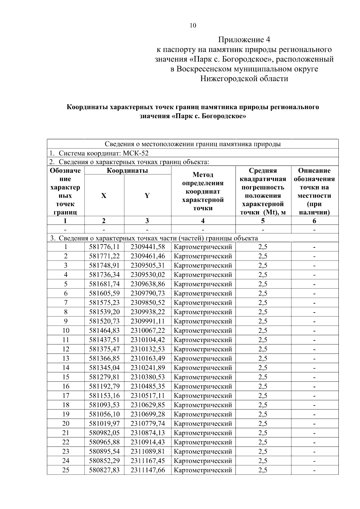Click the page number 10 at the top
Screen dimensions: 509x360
tap(193, 25)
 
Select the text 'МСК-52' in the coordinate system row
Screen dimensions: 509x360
tap(136, 153)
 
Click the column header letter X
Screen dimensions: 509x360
tap(104, 196)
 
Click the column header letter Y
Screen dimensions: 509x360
tap(147, 196)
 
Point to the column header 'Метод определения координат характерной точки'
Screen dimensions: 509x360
tap(203, 191)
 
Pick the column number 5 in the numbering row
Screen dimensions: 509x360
tap(263, 221)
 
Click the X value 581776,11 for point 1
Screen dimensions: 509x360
tap(104, 247)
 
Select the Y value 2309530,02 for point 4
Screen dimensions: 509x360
tap(148, 275)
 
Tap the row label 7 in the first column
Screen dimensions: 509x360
tap(66, 303)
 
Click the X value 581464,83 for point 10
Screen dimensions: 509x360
tap(104, 331)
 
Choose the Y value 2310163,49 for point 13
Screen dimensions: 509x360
tap(148, 358)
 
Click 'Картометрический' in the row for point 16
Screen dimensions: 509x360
tap(203, 386)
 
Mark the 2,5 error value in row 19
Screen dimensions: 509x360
tap(263, 414)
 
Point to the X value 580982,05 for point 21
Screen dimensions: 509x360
tap(104, 433)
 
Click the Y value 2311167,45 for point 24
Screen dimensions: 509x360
tap(148, 461)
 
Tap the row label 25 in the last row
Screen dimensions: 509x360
tap(66, 470)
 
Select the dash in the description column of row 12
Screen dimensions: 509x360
tap(314, 349)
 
